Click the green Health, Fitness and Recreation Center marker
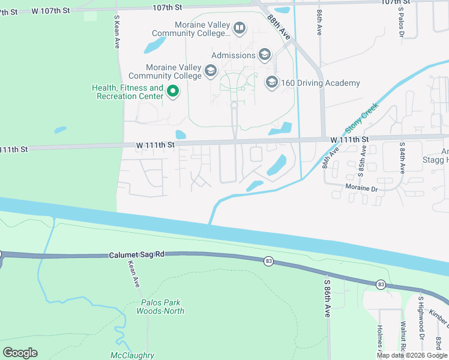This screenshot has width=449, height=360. coord(173,92)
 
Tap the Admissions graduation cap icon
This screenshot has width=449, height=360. coord(264,55)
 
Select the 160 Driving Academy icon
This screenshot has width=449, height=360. coord(271,82)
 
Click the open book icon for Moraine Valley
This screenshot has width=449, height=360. coord(239,28)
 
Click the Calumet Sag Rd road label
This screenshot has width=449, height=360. coord(136,255)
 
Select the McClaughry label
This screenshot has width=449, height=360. coord(133,355)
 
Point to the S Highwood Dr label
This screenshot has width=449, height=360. coord(421,317)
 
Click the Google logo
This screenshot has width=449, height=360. coord(20,353)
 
